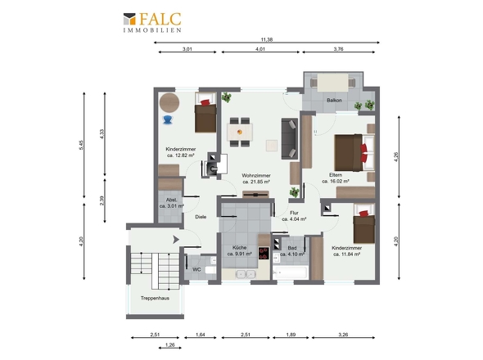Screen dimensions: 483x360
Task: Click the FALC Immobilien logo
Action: [x=152, y=22]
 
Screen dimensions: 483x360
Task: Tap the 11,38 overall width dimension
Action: [x=266, y=39]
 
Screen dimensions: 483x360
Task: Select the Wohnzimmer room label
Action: [x=256, y=175]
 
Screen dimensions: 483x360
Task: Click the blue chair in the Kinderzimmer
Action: [x=168, y=119]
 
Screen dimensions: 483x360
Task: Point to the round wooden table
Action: [x=169, y=103]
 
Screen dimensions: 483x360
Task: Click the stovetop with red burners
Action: [x=264, y=253]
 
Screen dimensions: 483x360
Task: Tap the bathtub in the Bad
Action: [x=290, y=272]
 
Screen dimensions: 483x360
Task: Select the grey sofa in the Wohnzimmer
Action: [x=289, y=138]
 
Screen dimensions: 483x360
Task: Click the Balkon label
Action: [x=334, y=100]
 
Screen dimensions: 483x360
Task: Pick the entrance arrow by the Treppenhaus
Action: [x=176, y=239]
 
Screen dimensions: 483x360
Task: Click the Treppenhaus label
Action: [x=155, y=298]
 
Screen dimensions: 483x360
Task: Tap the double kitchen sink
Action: [x=246, y=274]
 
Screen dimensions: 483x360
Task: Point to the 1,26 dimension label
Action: [x=169, y=345]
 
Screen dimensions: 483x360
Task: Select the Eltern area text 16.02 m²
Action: [x=336, y=182]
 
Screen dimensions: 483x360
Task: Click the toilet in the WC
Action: [x=210, y=270]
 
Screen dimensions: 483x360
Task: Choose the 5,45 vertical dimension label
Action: [x=81, y=145]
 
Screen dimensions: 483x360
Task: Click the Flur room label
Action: [x=294, y=213]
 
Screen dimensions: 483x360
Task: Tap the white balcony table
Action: [x=332, y=82]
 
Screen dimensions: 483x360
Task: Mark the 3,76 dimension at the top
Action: [x=338, y=48]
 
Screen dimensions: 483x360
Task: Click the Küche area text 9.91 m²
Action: [x=239, y=254]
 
